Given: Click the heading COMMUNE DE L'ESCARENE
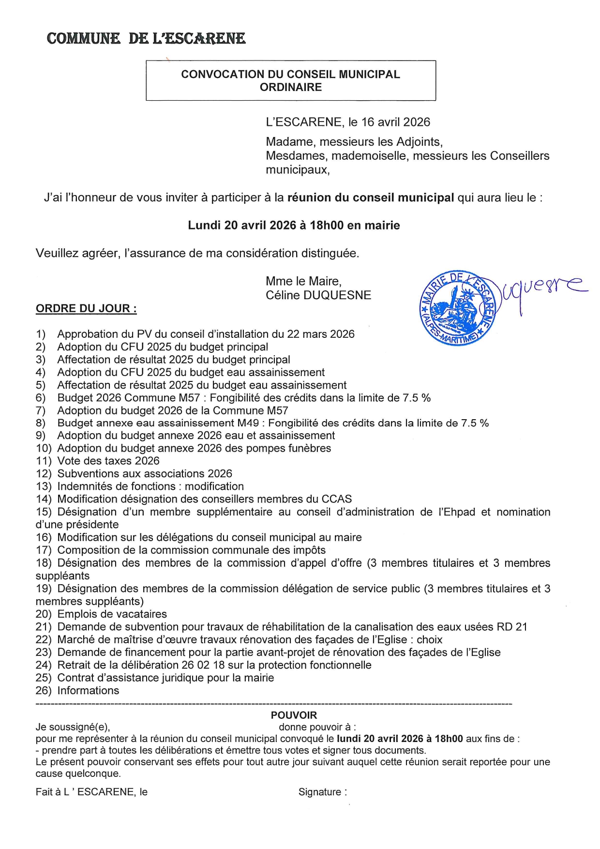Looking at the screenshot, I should point(146,38).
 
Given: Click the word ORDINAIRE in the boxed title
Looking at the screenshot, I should point(290,87).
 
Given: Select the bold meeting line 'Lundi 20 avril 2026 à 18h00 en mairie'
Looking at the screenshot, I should point(294,225).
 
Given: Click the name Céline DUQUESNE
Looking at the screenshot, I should point(318,295).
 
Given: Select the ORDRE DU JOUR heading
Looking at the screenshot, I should point(86,308).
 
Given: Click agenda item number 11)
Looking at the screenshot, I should point(44,461).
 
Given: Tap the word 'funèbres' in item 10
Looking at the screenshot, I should point(308,448).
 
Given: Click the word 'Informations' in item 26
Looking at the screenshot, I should point(88,691).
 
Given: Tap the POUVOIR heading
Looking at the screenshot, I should point(294,715).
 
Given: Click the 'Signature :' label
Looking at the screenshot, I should point(322,792).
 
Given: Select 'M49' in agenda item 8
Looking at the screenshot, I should point(248,423).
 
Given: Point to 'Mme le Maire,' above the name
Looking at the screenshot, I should point(303,281).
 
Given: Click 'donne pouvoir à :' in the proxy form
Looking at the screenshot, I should point(317,727).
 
